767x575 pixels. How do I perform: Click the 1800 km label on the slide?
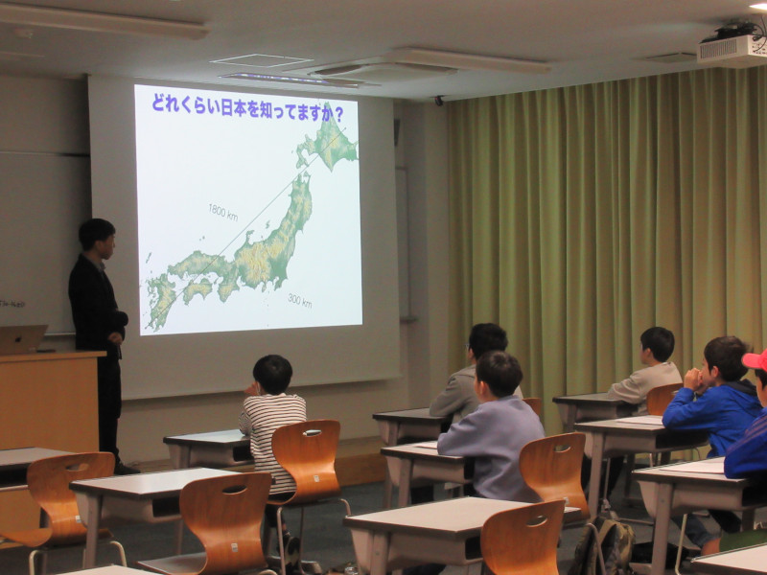tap(223, 212)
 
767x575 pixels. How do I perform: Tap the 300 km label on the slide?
tap(300, 300)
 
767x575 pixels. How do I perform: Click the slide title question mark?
tap(338, 115)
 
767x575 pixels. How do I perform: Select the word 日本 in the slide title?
tap(233, 106)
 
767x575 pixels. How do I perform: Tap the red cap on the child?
tap(755, 360)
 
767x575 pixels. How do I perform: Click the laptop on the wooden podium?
tap(22, 339)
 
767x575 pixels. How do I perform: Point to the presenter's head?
tap(97, 238)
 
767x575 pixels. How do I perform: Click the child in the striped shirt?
tap(271, 421)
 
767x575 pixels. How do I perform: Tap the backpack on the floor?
tap(603, 545)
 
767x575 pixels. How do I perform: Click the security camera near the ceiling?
tap(439, 101)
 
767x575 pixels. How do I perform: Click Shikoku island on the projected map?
tap(198, 289)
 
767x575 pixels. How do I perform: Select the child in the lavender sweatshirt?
tap(492, 426)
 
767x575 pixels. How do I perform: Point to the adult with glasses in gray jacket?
tap(472, 373)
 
